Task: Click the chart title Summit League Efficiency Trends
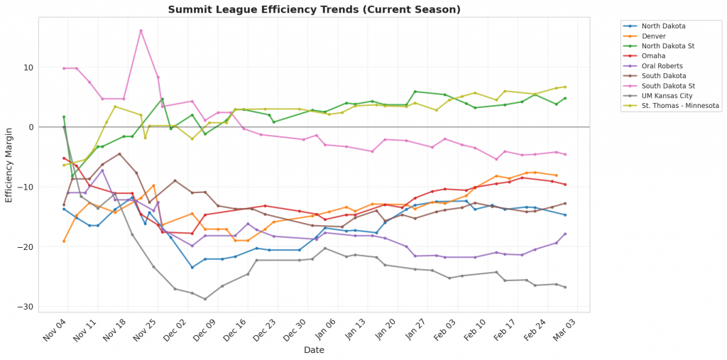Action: (x=314, y=9)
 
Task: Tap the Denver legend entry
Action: (x=653, y=36)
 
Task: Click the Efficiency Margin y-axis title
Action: (x=9, y=165)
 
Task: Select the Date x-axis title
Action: (x=314, y=350)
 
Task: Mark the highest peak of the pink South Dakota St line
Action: (x=141, y=31)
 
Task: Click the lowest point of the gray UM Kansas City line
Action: (x=205, y=299)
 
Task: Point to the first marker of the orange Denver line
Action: (x=64, y=241)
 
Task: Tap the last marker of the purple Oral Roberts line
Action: (x=565, y=234)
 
